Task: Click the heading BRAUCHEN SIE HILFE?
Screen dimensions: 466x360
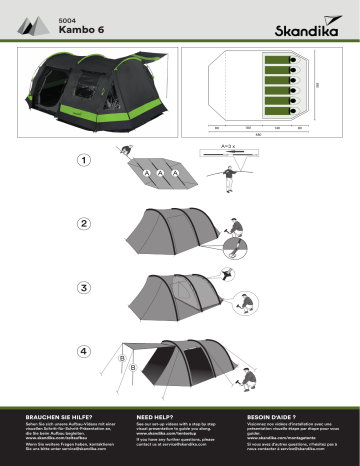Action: click(56, 413)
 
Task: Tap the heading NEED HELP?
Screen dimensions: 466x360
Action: click(156, 413)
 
